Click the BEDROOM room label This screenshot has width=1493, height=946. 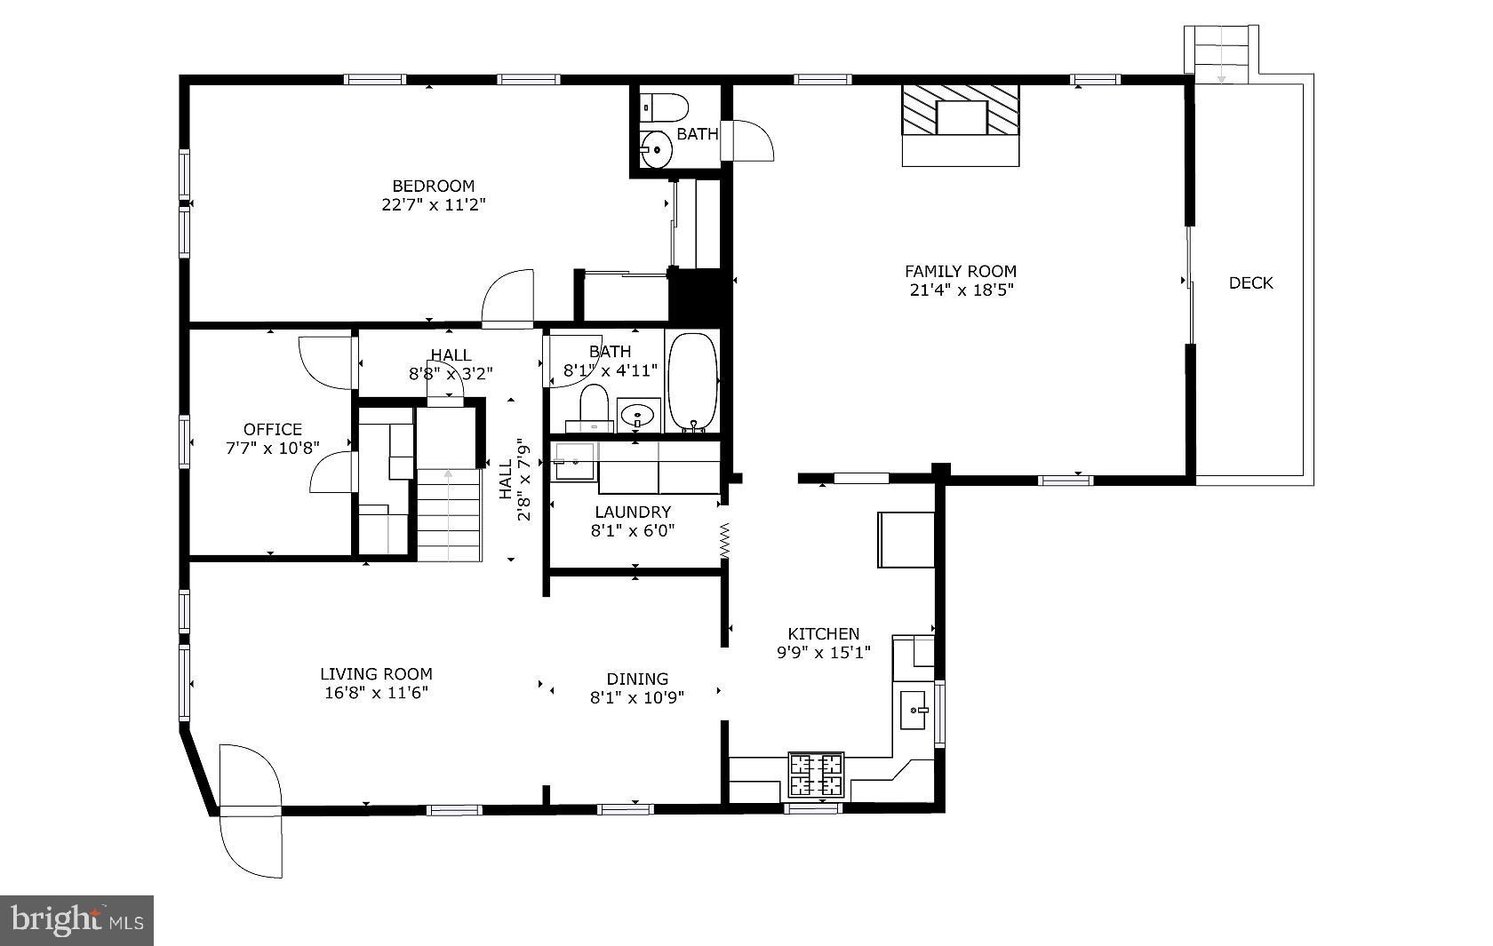coord(434,186)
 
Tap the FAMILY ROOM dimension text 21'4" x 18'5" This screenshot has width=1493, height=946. coord(960,290)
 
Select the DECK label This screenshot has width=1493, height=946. coord(1250,283)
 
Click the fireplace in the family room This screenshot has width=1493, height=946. coord(961,118)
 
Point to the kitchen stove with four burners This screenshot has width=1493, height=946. coord(816,775)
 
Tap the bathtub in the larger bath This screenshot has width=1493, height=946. coord(692,382)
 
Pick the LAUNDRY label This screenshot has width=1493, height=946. coord(633,513)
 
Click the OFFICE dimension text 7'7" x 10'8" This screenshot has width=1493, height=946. coord(273,448)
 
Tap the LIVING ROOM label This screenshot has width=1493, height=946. coord(376,674)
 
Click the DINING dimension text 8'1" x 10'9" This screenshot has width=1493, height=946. coord(637,698)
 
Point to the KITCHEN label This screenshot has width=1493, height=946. coord(824,633)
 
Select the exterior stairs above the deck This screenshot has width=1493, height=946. coord(1222,53)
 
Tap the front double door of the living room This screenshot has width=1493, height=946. coord(251,810)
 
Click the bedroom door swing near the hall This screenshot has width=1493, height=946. coord(508,298)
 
